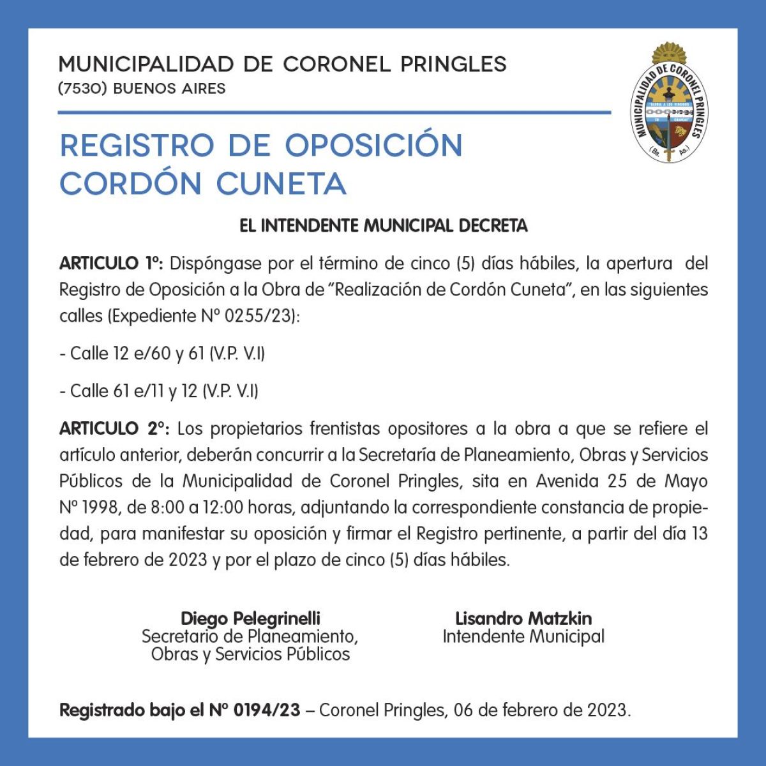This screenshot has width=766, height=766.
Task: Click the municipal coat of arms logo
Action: [669, 102]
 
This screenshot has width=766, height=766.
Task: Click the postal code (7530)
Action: [82, 88]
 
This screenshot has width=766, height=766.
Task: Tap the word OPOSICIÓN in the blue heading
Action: [373, 146]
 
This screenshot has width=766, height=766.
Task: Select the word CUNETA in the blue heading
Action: [281, 184]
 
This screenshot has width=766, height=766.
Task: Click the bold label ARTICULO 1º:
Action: [112, 264]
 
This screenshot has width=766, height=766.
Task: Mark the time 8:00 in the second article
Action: [165, 508]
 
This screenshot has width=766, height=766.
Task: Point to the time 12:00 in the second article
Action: [223, 508]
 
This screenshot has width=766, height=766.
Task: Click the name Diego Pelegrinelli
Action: [250, 618]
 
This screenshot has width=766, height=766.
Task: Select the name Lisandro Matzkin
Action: [523, 618]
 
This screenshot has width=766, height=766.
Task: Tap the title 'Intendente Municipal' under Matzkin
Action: [523, 636]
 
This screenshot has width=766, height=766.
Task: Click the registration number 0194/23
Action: [267, 710]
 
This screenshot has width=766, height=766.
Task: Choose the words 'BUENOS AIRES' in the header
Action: [169, 88]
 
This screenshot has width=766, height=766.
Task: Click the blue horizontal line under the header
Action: [334, 113]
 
